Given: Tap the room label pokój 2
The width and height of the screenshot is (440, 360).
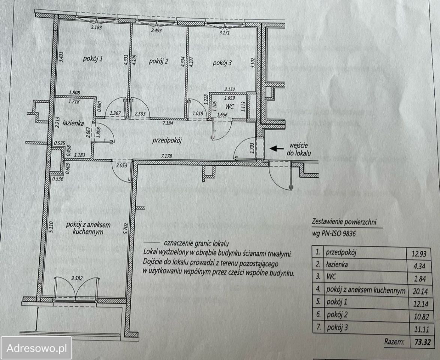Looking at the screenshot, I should coord(159,61).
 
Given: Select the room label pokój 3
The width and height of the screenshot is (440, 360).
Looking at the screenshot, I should coord(222,63).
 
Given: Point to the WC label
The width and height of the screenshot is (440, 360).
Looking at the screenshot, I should coord(230,107).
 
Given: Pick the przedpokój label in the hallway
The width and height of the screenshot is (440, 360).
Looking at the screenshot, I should coord(167,141).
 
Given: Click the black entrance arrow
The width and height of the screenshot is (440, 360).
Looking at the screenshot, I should coord(277,148).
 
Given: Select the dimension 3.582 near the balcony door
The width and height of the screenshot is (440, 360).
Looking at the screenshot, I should coord(77,278).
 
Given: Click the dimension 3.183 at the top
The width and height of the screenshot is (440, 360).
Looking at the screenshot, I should coord(96,27).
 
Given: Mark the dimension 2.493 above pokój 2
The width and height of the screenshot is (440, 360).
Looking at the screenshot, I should coord(156,30).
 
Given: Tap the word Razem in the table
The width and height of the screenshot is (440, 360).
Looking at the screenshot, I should coord(394,342).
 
